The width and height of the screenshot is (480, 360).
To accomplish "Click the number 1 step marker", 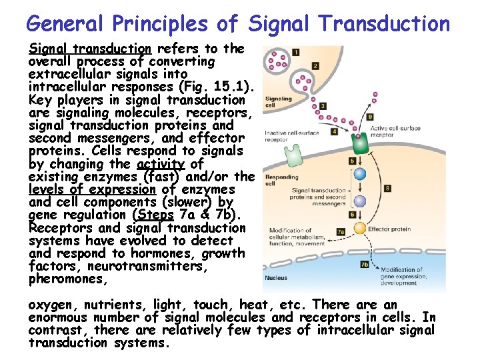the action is [x=295, y=51].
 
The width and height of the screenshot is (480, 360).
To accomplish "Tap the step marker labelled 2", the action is [x=315, y=66].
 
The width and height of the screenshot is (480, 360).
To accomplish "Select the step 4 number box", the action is [x=334, y=132].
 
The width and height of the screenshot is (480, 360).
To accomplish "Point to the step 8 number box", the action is [x=387, y=189].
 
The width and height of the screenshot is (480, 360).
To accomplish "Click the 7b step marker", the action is [x=365, y=265].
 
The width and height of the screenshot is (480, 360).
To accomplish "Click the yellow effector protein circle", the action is [x=359, y=228].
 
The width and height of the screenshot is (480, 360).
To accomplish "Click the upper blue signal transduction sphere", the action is [x=360, y=175].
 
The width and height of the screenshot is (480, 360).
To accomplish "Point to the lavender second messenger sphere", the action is [x=360, y=201].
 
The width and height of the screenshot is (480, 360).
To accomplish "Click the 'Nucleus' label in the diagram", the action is [x=276, y=278].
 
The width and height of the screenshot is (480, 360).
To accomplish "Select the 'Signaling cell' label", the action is [x=279, y=102].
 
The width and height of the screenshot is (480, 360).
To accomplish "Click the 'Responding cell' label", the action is [x=280, y=180].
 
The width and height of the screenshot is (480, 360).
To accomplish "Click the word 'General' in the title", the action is [x=65, y=24].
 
